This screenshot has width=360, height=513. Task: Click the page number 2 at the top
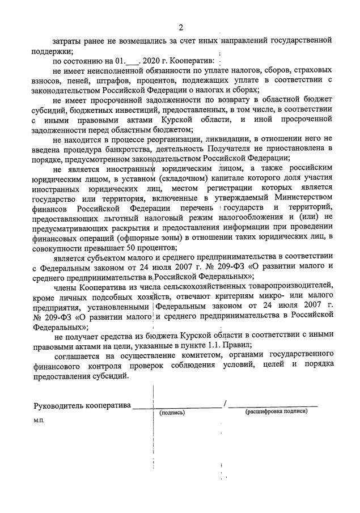pos(181,27)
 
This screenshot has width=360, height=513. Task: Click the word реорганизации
pos(166,139)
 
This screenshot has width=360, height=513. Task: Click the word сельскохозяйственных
pos(191,287)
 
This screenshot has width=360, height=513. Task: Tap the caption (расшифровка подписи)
pos(276,412)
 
